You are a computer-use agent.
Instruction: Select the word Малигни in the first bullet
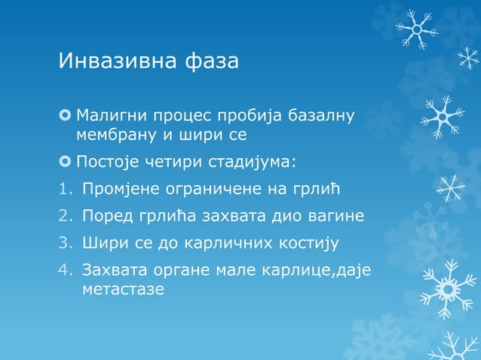[x=112, y=116]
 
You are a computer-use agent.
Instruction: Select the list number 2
[x=65, y=217]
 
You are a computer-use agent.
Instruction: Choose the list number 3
[x=65, y=244]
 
